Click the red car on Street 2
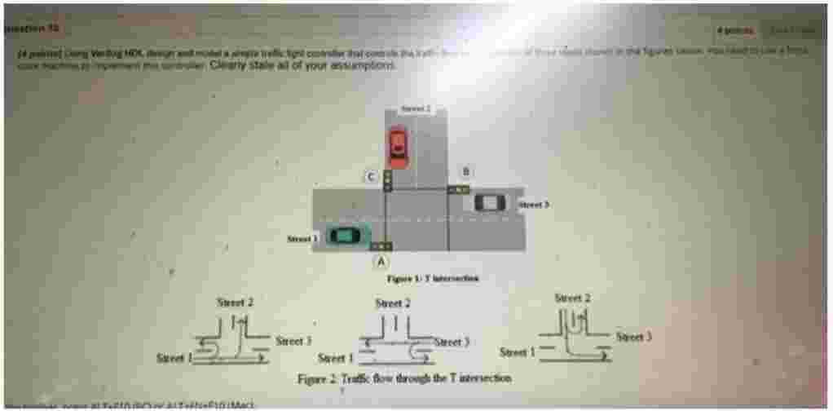point(397,147)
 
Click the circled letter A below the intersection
point(379,261)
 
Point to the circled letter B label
point(466,171)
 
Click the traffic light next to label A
point(381,245)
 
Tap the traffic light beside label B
point(459,189)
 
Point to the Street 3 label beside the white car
point(533,205)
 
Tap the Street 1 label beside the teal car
point(300,239)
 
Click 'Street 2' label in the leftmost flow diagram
point(235,303)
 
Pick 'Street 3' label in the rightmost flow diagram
point(633,336)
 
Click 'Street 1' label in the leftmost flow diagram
point(174,357)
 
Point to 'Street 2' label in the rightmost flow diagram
point(572,298)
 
